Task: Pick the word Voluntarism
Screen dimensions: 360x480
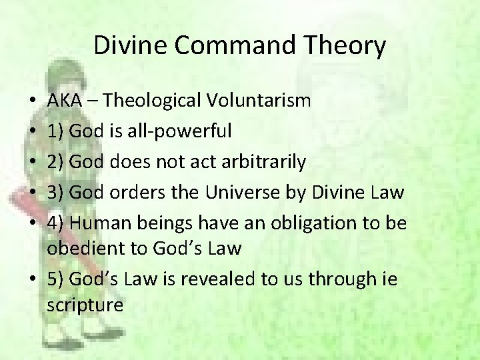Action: click(259, 101)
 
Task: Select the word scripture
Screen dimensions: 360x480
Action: click(85, 305)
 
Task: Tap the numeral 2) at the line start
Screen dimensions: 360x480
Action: click(56, 162)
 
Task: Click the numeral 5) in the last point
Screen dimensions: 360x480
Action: click(56, 279)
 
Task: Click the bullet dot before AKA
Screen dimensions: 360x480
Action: click(33, 102)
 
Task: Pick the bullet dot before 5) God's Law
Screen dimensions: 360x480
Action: click(33, 280)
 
